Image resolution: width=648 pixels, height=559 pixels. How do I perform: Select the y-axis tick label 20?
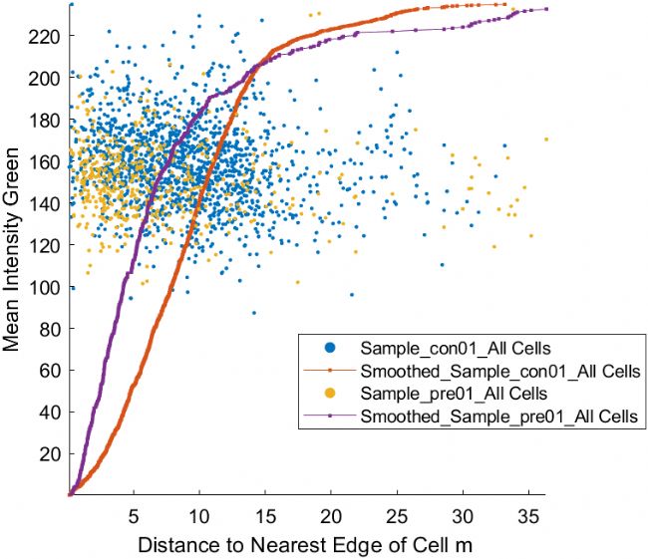pos(51,453)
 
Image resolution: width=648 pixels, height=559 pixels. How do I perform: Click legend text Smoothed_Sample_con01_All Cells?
pos(499,370)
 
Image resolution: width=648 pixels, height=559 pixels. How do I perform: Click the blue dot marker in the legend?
pos(329,348)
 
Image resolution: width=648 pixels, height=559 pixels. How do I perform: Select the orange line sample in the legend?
pos(329,370)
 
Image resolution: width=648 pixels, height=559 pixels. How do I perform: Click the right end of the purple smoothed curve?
pos(545,9)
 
